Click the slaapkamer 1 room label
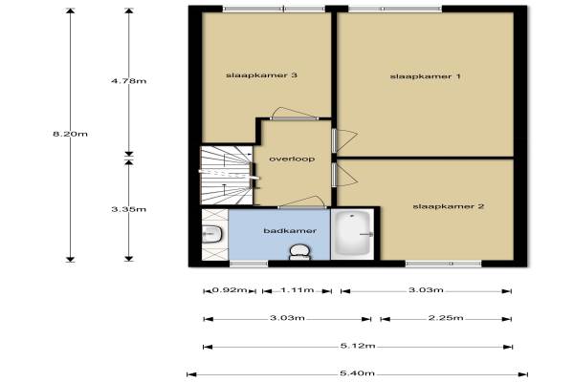click(425, 76)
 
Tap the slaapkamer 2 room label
click(449, 206)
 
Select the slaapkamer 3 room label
click(261, 75)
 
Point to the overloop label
click(292, 159)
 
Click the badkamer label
click(290, 231)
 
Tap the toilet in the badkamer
click(299, 252)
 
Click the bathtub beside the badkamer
click(353, 234)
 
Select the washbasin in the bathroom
click(212, 234)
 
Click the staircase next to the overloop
click(226, 176)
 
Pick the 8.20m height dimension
click(70, 134)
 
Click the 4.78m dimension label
click(129, 81)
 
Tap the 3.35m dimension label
click(129, 209)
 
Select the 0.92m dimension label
click(230, 290)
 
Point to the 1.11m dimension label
click(298, 290)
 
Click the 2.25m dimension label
click(446, 318)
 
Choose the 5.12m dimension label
click(358, 346)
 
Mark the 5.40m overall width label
click(357, 373)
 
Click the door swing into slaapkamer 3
click(295, 113)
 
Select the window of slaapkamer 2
click(443, 264)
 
